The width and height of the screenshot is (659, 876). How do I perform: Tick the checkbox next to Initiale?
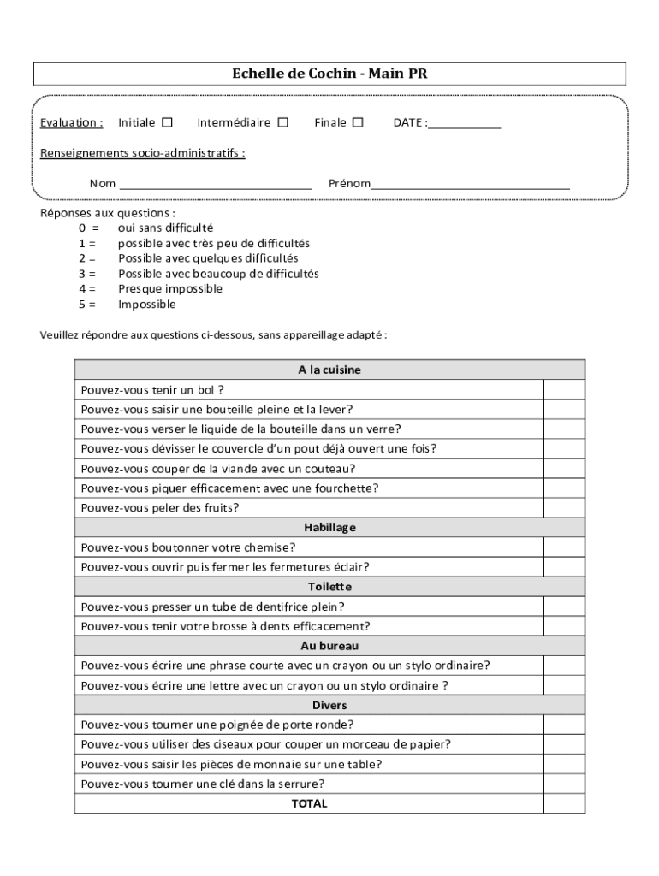(168, 122)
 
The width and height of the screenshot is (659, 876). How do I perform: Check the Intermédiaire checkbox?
(283, 122)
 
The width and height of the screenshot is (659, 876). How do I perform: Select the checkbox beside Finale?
(358, 122)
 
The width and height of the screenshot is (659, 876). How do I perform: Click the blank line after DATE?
(464, 125)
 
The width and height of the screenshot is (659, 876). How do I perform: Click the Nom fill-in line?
(215, 185)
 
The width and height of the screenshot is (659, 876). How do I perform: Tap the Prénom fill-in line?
(471, 185)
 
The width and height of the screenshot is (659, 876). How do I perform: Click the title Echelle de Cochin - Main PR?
(329, 74)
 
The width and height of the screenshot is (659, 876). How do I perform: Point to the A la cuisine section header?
(329, 370)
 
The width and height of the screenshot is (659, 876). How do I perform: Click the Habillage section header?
(329, 527)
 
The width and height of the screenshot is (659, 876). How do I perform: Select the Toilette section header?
(329, 587)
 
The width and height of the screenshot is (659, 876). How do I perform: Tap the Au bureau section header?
(329, 646)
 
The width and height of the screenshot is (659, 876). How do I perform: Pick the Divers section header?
(329, 705)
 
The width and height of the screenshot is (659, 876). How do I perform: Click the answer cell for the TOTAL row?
(564, 803)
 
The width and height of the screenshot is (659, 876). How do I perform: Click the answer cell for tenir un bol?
(564, 389)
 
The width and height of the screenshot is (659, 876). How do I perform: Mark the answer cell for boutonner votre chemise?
(564, 547)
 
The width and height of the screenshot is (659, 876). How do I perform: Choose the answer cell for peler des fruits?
(564, 507)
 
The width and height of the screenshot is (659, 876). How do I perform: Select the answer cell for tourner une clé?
(564, 784)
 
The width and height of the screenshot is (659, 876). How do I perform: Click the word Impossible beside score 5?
(147, 305)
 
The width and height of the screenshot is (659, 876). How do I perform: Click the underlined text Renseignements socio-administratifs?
(143, 153)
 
